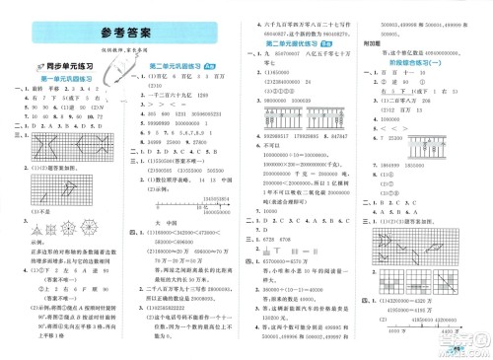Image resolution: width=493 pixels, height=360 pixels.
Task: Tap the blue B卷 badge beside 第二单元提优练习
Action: pyautogui.click(x=326, y=44)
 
